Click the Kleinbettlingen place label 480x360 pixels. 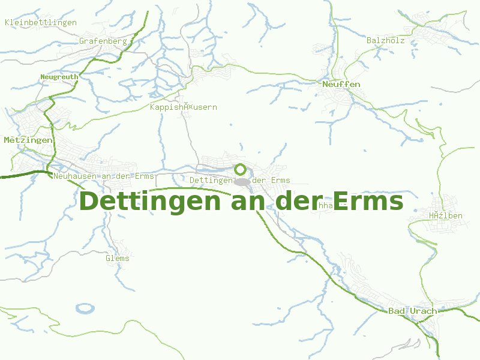click(x=41, y=22)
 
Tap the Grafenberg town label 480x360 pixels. click(x=103, y=41)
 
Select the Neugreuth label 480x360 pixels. click(x=59, y=77)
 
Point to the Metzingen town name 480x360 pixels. click(x=28, y=140)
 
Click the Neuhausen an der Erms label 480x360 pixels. click(x=103, y=176)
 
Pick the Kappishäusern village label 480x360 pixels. click(x=183, y=107)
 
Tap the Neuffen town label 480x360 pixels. click(x=341, y=84)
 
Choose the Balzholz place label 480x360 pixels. click(x=386, y=40)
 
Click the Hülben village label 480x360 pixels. click(x=446, y=215)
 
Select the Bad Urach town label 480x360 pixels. click(x=413, y=311)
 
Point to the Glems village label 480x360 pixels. click(x=118, y=258)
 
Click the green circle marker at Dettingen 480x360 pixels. click(x=240, y=169)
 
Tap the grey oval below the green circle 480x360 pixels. click(x=242, y=182)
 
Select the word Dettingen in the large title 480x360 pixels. click(x=152, y=202)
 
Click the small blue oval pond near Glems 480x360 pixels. click(x=86, y=308)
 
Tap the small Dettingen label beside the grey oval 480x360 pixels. click(x=211, y=180)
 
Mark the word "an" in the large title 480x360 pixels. click(x=247, y=202)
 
